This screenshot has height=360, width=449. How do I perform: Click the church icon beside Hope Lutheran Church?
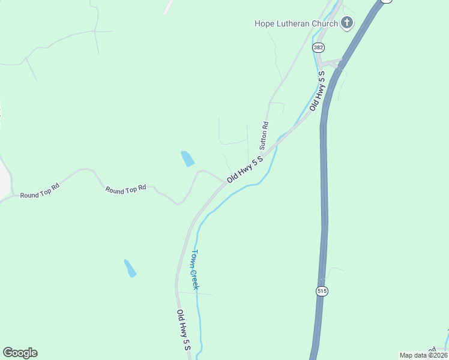point(346,23)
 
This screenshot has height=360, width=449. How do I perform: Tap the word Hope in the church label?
point(265,24)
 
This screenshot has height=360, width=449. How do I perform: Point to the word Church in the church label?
point(324,24)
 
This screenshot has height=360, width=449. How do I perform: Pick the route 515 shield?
point(322,291)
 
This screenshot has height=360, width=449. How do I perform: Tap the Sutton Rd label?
point(264,136)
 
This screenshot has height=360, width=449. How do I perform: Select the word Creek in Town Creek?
point(194,279)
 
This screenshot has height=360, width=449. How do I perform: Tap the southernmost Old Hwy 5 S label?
point(183,329)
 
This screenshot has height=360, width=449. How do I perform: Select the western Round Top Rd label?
point(40,194)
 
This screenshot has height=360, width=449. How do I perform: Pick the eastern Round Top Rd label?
point(126,188)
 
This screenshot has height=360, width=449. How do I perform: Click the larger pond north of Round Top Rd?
point(187,158)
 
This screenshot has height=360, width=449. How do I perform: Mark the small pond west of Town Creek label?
point(130,268)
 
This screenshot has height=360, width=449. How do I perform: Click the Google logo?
point(20,353)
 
